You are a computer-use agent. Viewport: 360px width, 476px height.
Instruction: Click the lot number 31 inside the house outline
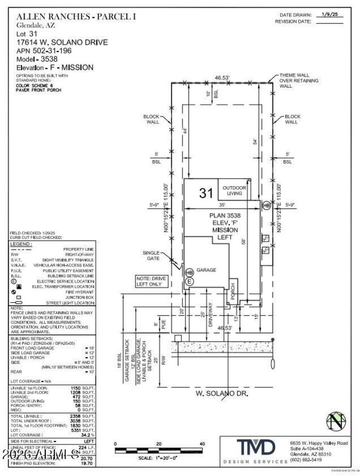click(x=206, y=193)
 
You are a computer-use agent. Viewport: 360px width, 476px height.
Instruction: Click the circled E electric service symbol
click(x=189, y=281)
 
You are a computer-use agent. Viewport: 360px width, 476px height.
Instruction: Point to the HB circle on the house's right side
click(x=266, y=205)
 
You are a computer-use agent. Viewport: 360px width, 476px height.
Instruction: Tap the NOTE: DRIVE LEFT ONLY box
click(x=151, y=282)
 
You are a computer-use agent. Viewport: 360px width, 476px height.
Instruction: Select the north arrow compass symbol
click(x=337, y=422)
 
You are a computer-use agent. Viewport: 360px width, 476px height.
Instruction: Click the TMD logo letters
click(x=256, y=448)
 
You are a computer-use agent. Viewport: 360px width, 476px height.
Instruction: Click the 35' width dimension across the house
click(x=224, y=203)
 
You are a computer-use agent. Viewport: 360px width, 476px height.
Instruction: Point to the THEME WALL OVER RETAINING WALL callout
click(x=298, y=81)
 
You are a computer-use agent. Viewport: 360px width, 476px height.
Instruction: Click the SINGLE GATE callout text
click(x=151, y=256)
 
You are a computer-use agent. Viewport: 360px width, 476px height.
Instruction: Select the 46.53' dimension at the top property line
click(x=222, y=78)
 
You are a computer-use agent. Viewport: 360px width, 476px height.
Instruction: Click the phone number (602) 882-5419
click(x=306, y=460)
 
